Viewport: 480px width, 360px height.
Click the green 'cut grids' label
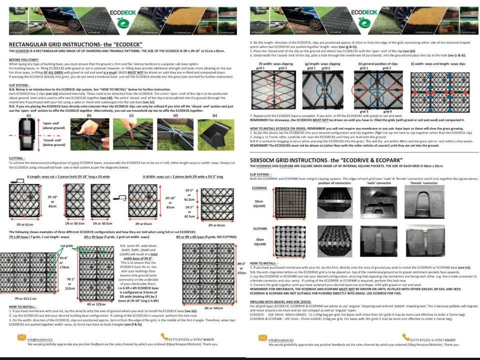[x=68, y=246]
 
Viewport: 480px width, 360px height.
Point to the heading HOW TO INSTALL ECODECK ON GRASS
[x=300, y=128]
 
